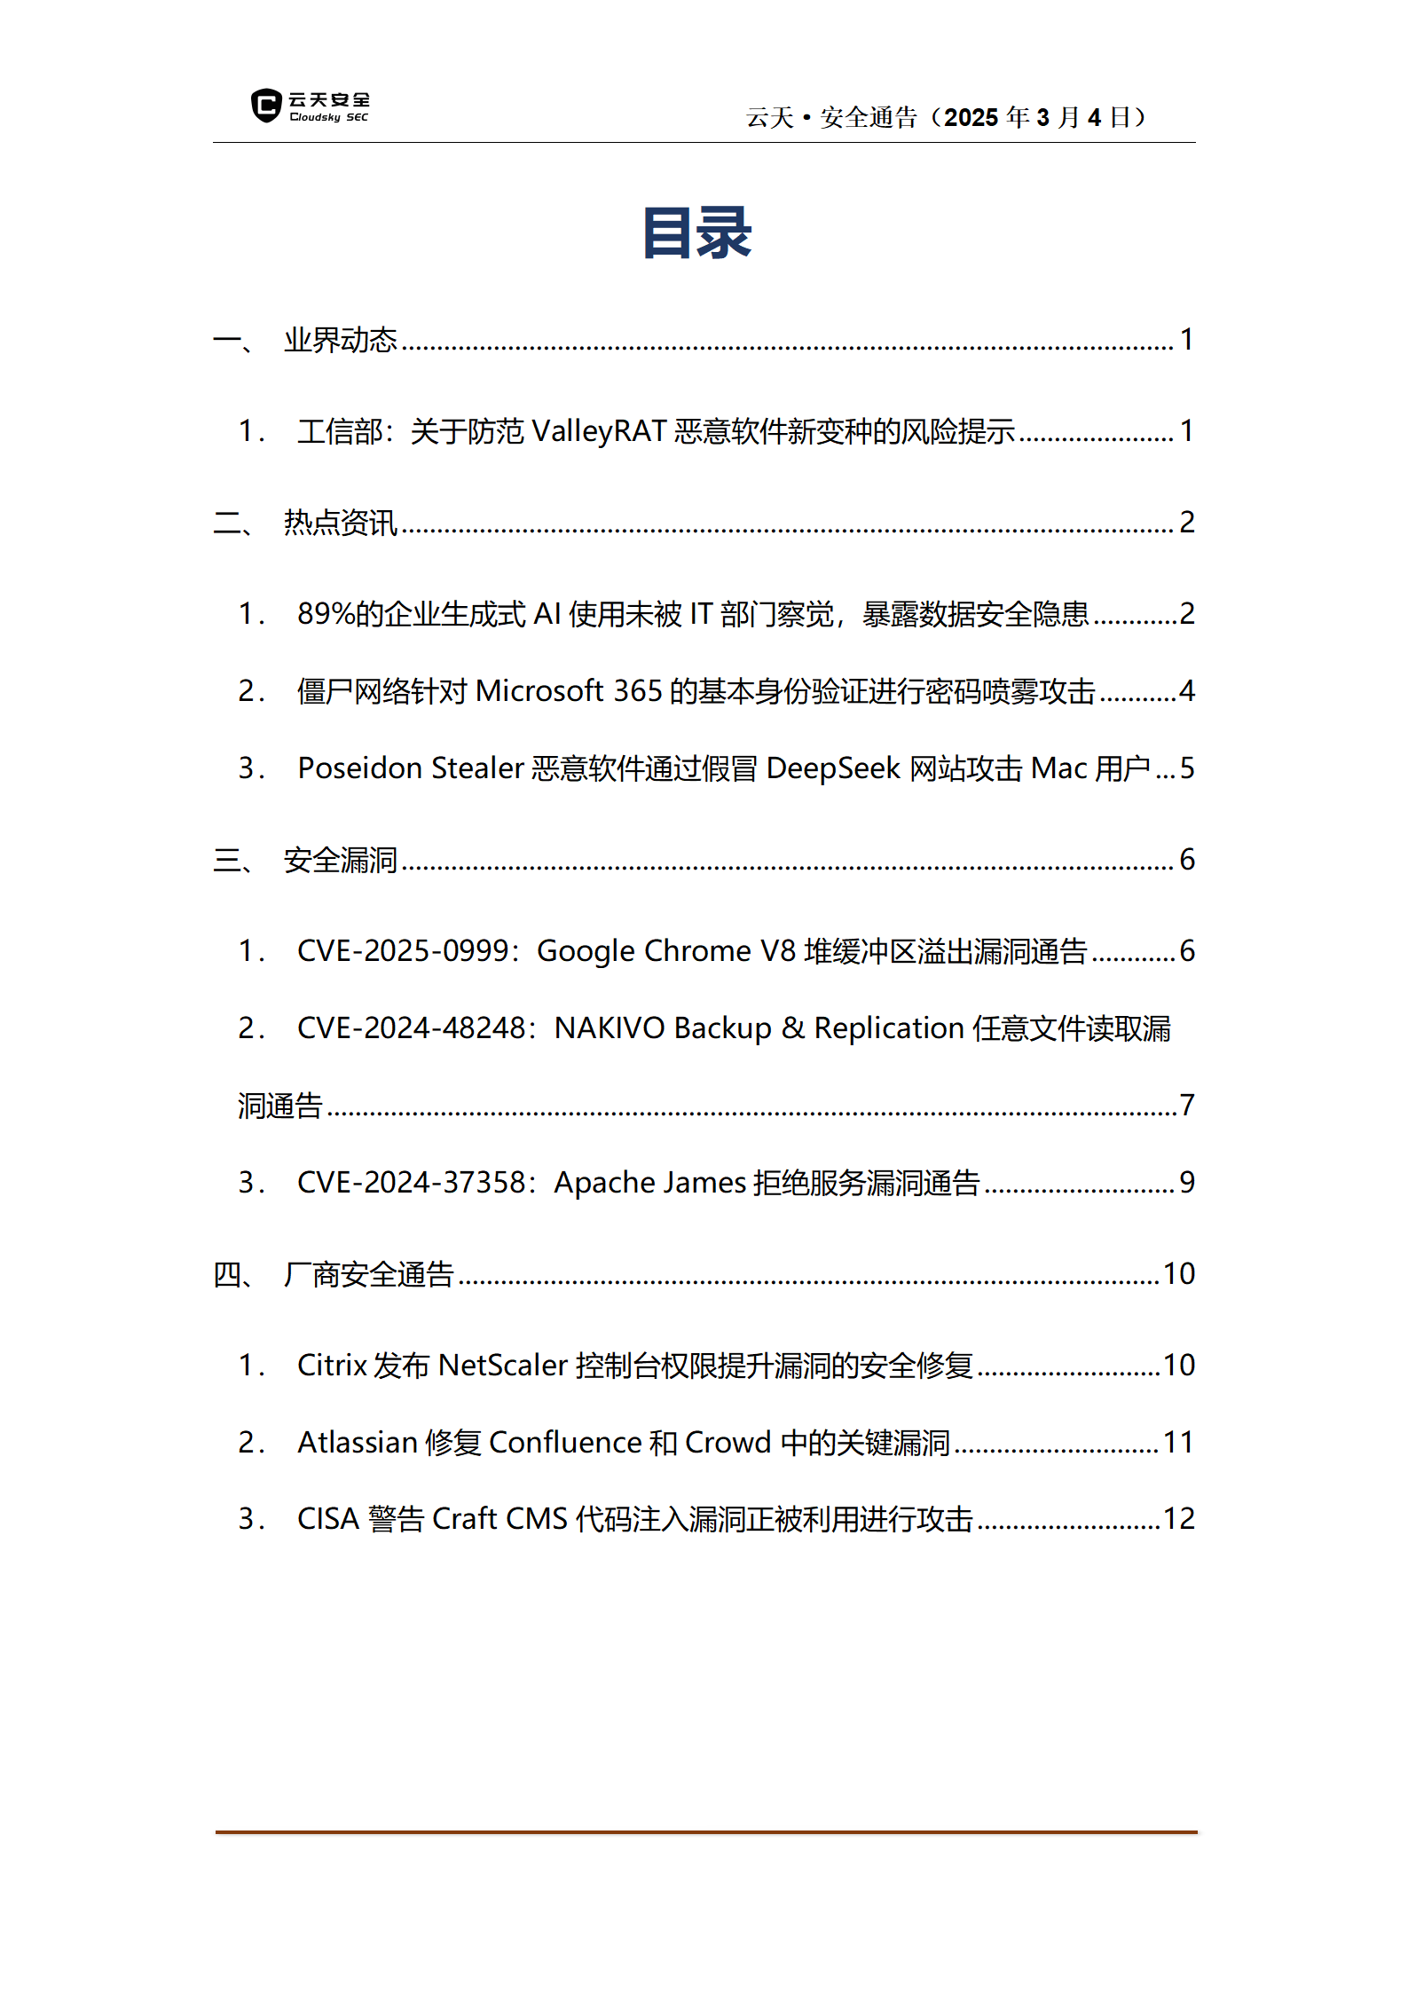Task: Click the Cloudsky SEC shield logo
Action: (x=265, y=106)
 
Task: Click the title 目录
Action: (x=697, y=233)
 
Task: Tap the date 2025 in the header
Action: (x=971, y=117)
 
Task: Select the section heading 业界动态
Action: (x=340, y=340)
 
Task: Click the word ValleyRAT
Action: (x=599, y=431)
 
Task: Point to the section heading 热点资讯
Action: (x=340, y=523)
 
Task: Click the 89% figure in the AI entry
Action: (x=326, y=614)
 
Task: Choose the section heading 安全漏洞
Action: (x=340, y=860)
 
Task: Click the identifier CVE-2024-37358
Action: (x=412, y=1183)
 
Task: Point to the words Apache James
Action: (x=649, y=1183)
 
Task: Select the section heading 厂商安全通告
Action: (x=368, y=1274)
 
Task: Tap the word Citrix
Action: (x=332, y=1366)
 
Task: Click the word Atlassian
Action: (x=358, y=1443)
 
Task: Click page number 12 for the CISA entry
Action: (x=1179, y=1519)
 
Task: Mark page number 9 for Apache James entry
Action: (x=1187, y=1183)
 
